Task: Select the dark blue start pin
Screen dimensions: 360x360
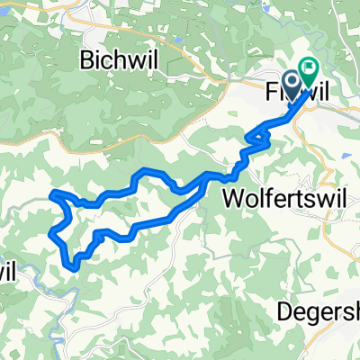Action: point(297,83)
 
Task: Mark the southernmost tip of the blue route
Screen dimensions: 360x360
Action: point(70,265)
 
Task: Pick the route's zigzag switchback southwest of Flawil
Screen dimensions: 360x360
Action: point(256,139)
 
